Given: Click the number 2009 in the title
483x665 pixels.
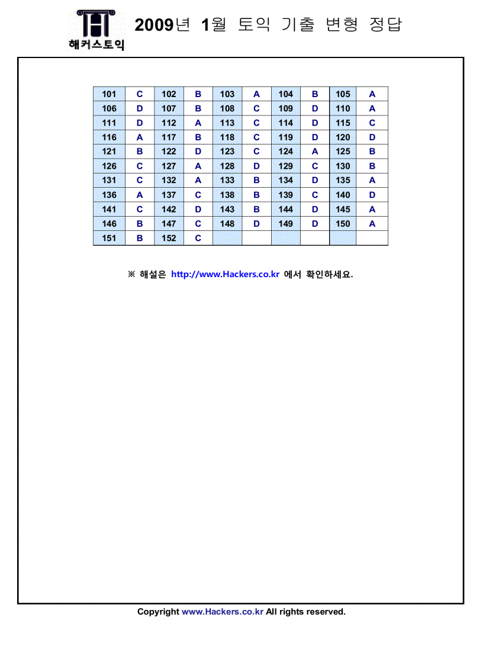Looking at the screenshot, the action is point(153,25).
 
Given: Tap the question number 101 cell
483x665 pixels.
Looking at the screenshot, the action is point(110,94).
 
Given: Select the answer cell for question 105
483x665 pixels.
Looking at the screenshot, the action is point(372,94).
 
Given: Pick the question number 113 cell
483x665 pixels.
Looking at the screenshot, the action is point(227,123).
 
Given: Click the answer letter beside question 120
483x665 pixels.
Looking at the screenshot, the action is point(372,137).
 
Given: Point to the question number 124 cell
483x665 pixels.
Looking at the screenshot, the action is point(286,152).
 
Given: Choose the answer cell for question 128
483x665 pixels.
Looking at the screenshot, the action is point(256,166).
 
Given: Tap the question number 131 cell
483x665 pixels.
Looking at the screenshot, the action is point(110,181).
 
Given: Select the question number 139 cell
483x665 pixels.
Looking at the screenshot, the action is point(286,195).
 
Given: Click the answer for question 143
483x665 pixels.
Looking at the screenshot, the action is point(256,210).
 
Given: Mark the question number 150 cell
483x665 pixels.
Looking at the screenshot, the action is point(343,224).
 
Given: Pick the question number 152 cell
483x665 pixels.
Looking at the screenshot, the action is point(169,238).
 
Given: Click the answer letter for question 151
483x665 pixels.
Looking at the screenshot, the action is point(140,238).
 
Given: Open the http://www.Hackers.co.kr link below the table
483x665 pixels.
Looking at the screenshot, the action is point(225,274).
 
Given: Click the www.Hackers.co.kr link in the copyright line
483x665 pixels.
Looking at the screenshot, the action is point(222,612).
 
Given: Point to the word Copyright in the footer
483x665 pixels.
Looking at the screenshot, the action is point(158,612).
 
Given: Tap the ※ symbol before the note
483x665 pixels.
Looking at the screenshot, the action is point(131,274).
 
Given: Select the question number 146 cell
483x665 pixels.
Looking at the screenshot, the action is point(110,224).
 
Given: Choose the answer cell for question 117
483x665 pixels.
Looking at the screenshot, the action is point(198,137).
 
